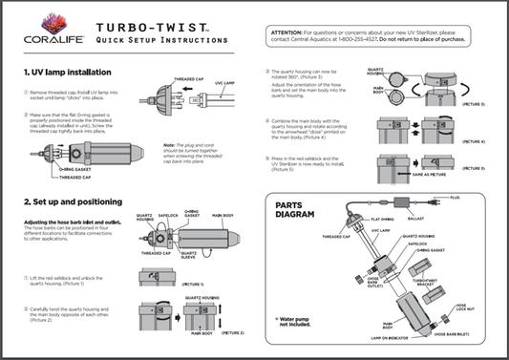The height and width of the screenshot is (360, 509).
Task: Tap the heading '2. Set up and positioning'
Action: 74,202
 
